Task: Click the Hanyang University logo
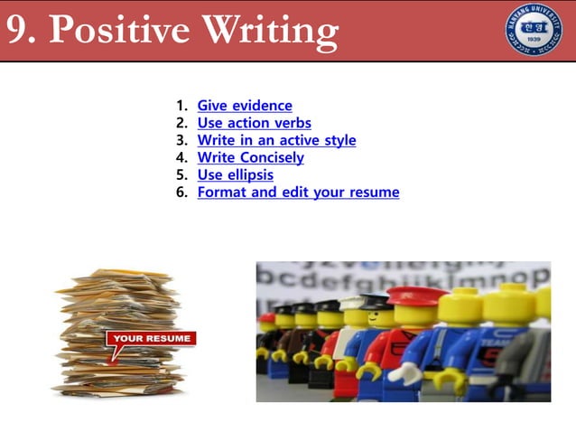533,30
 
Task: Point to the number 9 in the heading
17,31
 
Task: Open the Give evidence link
245,106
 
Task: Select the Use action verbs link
254,123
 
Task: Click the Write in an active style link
276,140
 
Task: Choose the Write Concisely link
250,157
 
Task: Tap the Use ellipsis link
235,174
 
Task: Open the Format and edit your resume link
298,192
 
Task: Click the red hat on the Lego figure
417,296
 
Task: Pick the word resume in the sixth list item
374,192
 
